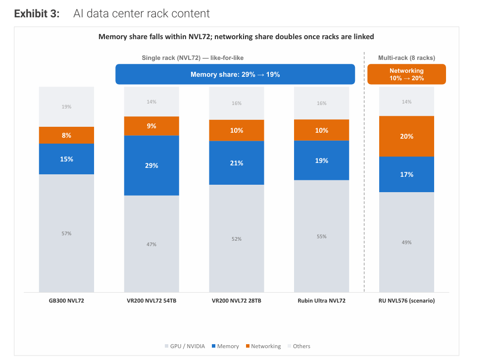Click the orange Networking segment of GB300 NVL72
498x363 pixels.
[x=66, y=135]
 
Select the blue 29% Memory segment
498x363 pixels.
[x=151, y=165]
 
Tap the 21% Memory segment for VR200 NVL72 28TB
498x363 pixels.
[x=237, y=163]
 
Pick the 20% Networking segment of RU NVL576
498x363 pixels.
[x=406, y=136]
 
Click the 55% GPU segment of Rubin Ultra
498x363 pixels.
[x=321, y=236]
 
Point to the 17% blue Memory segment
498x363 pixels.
[x=406, y=174]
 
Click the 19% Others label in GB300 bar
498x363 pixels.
[x=66, y=107]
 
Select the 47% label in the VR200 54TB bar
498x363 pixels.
[x=151, y=245]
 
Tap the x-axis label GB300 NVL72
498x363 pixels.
[x=66, y=301]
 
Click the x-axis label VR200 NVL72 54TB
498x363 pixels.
[x=151, y=301]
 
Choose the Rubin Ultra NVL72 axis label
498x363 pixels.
[x=321, y=301]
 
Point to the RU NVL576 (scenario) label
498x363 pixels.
[x=406, y=301]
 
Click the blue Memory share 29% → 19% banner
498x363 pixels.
[x=235, y=74]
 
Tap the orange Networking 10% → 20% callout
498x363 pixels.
[x=406, y=74]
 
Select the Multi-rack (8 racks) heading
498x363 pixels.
[x=406, y=58]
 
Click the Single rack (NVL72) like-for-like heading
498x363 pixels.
[x=193, y=58]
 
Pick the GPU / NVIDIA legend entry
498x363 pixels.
[x=185, y=346]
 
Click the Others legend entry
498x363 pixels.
[x=299, y=346]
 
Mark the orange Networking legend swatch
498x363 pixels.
[x=248, y=346]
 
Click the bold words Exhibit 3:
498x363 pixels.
[x=37, y=14]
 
